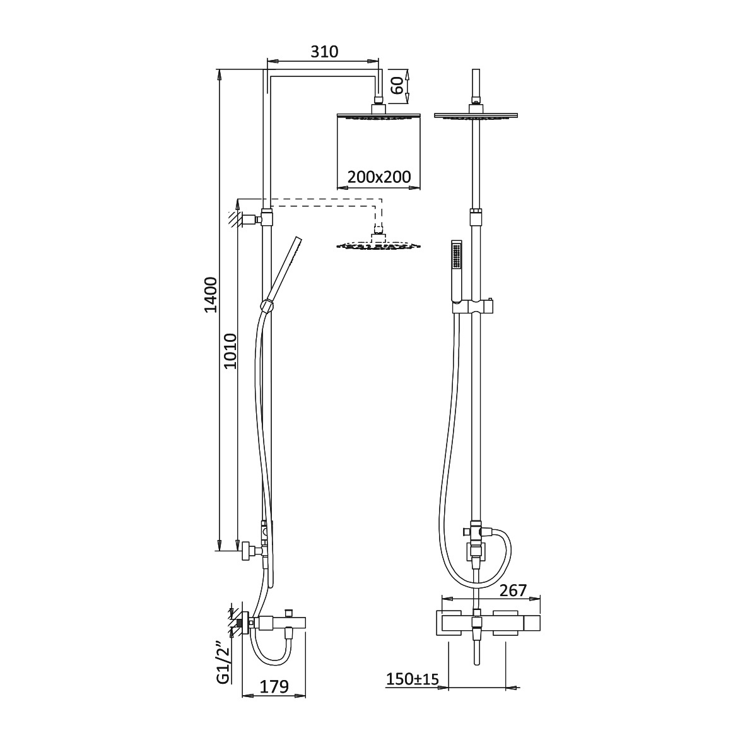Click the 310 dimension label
pos(324,51)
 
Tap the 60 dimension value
pos(398,85)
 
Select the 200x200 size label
pos(378,177)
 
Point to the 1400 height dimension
pos(211,295)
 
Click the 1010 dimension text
pos(230,351)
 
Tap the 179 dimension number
pos(274,686)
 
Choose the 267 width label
pos(513,590)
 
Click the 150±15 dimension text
pos(412,679)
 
